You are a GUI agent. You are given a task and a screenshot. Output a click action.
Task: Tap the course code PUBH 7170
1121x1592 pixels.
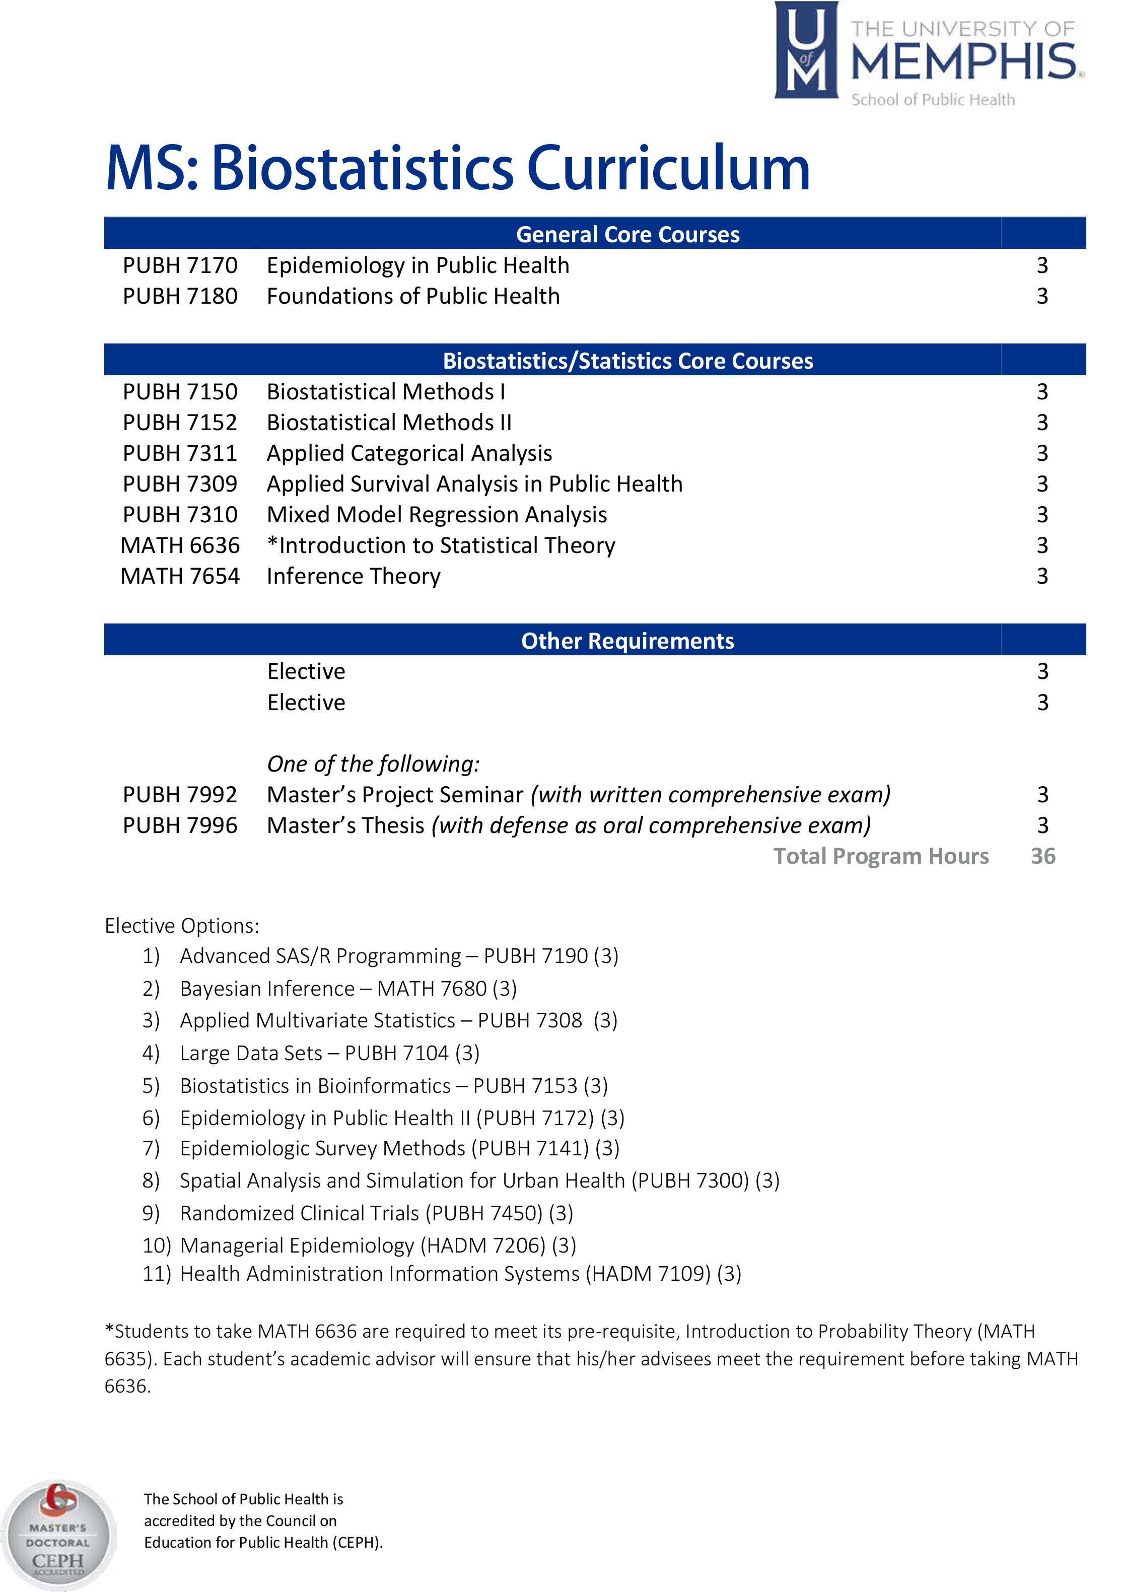click(x=180, y=265)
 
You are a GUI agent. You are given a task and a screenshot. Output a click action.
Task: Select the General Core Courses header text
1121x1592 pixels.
click(x=627, y=234)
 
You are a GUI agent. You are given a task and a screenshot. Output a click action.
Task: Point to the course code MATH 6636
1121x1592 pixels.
click(x=180, y=545)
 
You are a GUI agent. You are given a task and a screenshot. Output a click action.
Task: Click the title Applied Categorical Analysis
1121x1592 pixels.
click(x=409, y=453)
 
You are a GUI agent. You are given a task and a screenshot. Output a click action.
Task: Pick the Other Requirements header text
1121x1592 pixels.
click(x=627, y=641)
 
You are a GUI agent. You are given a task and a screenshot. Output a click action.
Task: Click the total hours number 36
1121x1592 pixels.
click(x=1042, y=856)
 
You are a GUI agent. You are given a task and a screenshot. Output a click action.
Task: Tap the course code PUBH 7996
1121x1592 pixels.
click(x=180, y=825)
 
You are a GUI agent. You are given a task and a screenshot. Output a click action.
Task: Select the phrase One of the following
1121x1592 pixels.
click(x=373, y=764)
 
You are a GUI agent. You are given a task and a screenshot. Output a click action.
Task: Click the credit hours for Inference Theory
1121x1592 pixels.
click(x=1042, y=576)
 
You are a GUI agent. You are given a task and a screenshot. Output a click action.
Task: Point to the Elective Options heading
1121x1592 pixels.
click(x=182, y=926)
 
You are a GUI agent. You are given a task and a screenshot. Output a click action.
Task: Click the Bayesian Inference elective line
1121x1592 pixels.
click(x=348, y=989)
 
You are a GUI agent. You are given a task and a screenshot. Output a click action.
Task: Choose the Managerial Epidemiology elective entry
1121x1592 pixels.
click(x=378, y=1245)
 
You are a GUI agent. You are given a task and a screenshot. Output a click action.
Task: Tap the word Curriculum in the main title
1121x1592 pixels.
click(x=668, y=169)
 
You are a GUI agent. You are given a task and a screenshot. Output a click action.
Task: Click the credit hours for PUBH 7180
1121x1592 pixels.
click(x=1042, y=296)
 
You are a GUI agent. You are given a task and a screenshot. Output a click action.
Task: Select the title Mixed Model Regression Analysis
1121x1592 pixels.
click(x=437, y=515)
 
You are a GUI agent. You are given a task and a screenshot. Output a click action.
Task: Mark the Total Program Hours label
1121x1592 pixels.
click(x=881, y=856)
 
